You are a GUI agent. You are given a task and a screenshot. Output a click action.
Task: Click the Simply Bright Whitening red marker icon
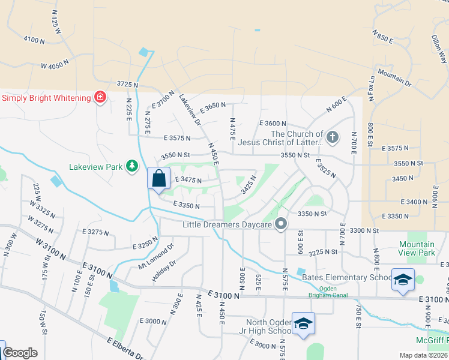coord(100,97)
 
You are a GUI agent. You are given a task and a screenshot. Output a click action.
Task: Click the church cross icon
coord(333,137)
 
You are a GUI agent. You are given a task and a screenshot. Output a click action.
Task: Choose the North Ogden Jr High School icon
coord(304,324)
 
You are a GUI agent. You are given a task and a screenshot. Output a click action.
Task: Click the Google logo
coord(20,353)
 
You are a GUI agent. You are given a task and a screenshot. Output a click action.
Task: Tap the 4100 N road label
coord(34,40)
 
